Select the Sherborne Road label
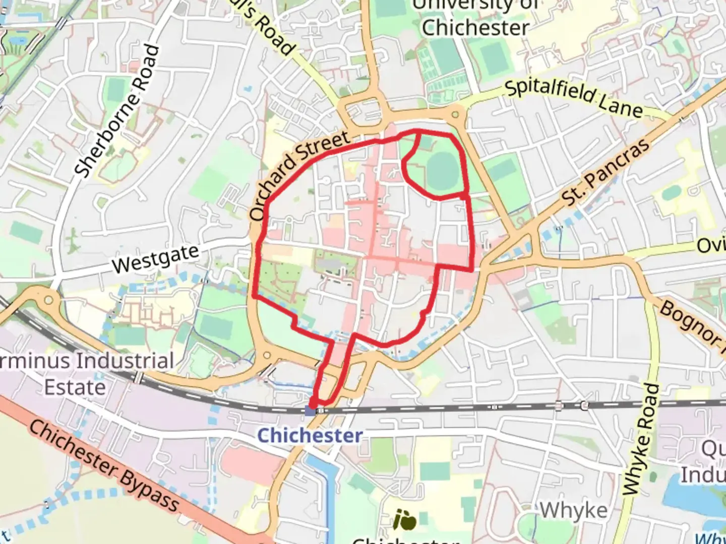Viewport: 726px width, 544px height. click(x=117, y=111)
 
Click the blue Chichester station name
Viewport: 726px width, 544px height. click(x=310, y=435)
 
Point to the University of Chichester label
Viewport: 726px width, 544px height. click(x=475, y=18)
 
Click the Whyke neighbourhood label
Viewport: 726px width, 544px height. click(x=573, y=510)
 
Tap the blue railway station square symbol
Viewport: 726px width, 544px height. click(x=310, y=412)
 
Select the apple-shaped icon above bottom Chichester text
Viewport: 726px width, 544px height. click(x=405, y=520)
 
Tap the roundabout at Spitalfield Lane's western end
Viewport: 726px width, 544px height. click(x=456, y=115)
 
